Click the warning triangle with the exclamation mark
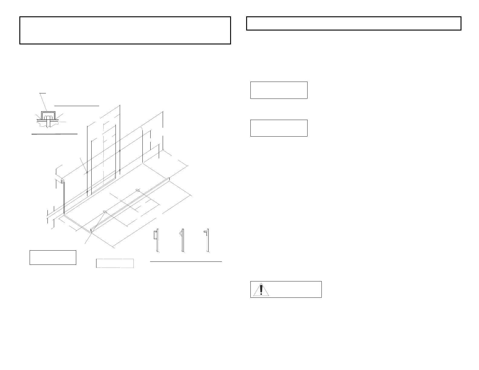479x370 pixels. [x=261, y=289]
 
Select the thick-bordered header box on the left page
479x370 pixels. [x=125, y=31]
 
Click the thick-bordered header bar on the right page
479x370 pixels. [x=354, y=24]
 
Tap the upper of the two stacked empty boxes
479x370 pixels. [x=279, y=90]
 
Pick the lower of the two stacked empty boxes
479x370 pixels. [x=279, y=128]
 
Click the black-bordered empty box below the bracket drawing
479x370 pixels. [x=53, y=258]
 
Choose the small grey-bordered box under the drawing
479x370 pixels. [x=115, y=263]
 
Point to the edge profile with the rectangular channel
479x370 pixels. [x=156, y=239]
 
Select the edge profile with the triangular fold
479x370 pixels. [x=182, y=239]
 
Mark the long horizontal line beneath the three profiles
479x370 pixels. [x=186, y=261]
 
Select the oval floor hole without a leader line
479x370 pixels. [x=138, y=190]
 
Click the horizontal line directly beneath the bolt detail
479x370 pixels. [x=55, y=133]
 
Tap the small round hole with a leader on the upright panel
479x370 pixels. [x=87, y=172]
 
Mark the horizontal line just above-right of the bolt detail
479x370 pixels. [x=77, y=106]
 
